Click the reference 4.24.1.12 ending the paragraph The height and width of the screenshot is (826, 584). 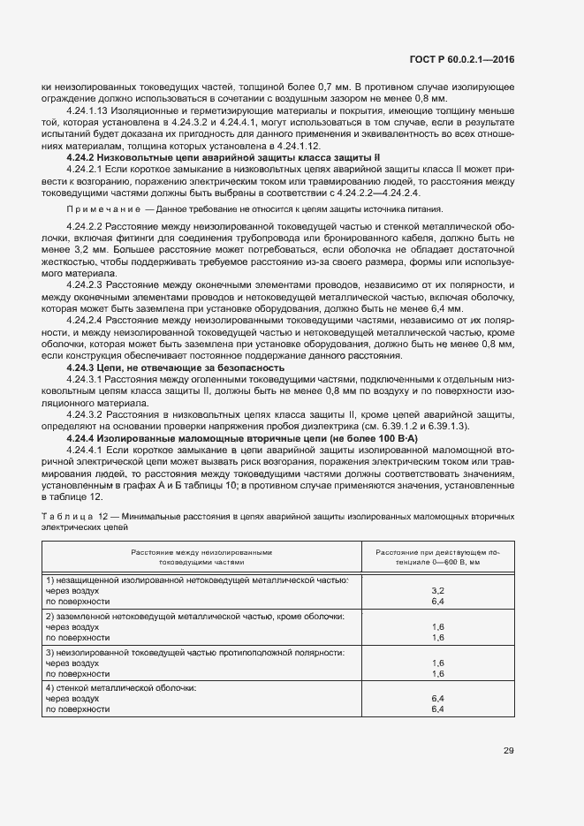pyautogui.click(x=296, y=145)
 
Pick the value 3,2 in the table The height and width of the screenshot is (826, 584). pyautogui.click(x=436, y=589)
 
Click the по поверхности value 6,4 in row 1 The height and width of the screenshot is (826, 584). pyautogui.click(x=436, y=600)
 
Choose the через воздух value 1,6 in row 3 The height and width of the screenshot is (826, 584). pyautogui.click(x=436, y=662)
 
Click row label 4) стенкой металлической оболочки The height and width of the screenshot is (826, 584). pyautogui.click(x=120, y=687)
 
